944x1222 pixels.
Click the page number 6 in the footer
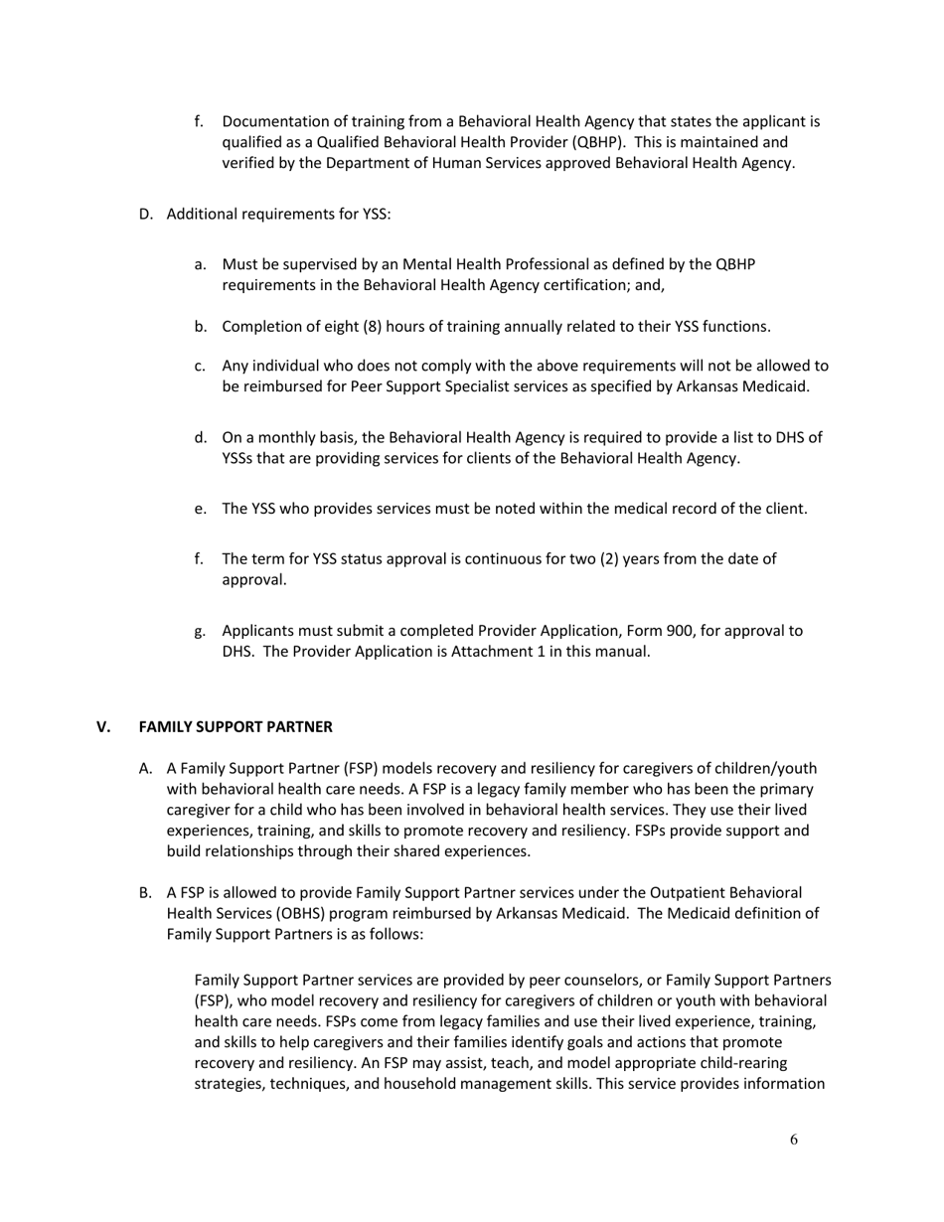pyautogui.click(x=793, y=1140)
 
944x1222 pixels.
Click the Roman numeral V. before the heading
pyautogui.click(x=103, y=726)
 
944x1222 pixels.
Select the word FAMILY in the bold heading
pyautogui.click(x=163, y=726)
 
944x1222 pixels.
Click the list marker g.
pyautogui.click(x=200, y=630)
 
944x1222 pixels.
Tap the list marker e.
pyautogui.click(x=200, y=509)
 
